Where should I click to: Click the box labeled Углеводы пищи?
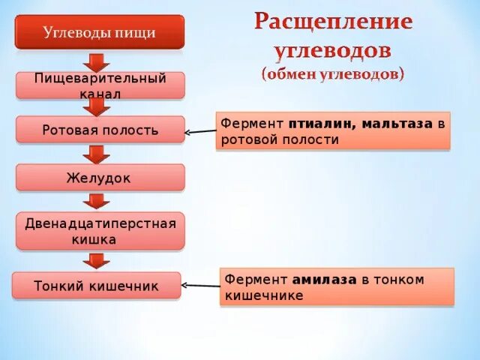pyautogui.click(x=99, y=33)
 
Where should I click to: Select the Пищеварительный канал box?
pyautogui.click(x=99, y=85)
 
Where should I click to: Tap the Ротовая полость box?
pyautogui.click(x=99, y=130)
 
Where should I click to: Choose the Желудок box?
pyautogui.click(x=99, y=178)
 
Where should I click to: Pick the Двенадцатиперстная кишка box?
pyautogui.click(x=100, y=231)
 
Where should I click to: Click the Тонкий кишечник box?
pyautogui.click(x=97, y=286)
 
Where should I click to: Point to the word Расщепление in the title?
pyautogui.click(x=332, y=22)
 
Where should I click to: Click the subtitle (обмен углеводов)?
pyautogui.click(x=332, y=74)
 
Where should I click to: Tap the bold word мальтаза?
pyautogui.click(x=397, y=124)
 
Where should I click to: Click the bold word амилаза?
pyautogui.click(x=325, y=280)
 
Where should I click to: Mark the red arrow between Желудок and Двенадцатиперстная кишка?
pyautogui.click(x=96, y=201)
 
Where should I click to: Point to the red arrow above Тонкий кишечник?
pyautogui.click(x=96, y=260)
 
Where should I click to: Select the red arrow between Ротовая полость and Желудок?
pyautogui.click(x=96, y=154)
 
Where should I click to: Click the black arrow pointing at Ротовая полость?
pyautogui.click(x=199, y=132)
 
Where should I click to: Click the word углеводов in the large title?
pyautogui.click(x=332, y=50)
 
